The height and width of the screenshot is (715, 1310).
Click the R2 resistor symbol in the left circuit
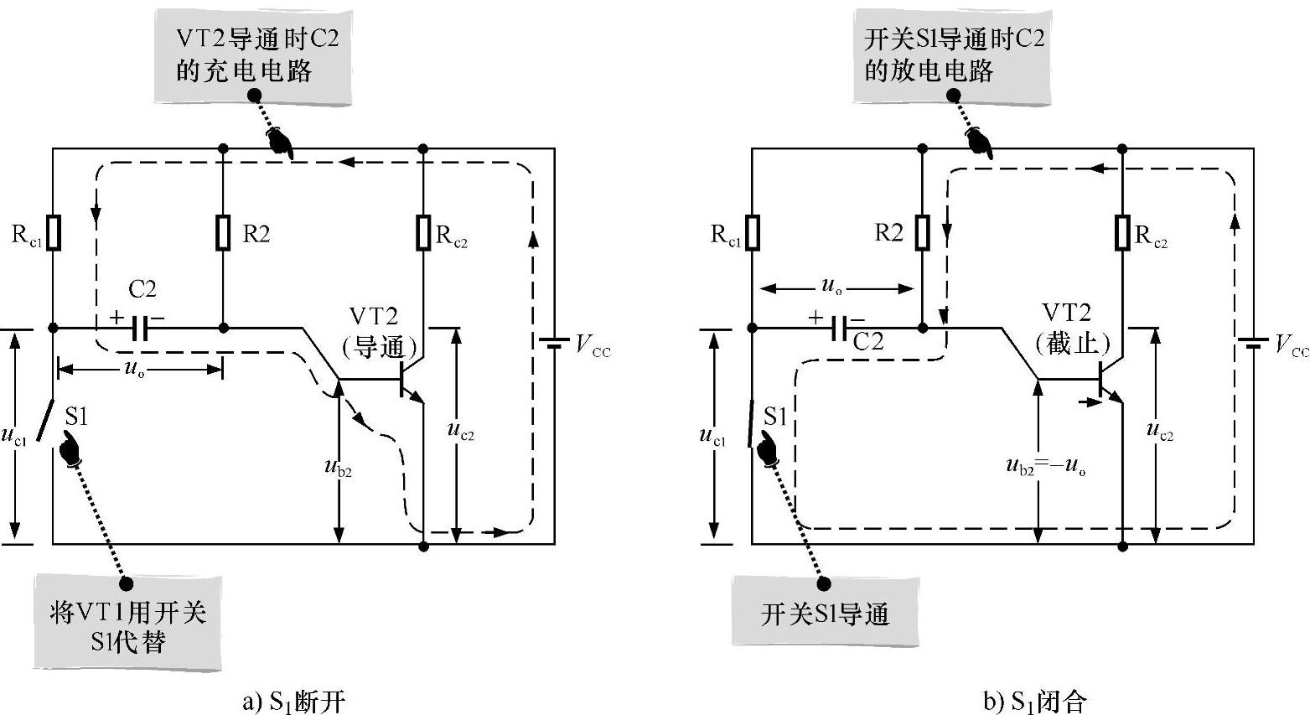[x=223, y=233]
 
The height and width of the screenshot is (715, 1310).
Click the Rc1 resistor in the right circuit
[x=753, y=233]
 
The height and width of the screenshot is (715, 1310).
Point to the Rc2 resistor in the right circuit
[x=1122, y=233]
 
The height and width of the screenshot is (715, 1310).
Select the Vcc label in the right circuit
[x=1290, y=345]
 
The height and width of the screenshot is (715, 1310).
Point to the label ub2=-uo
[x=1046, y=466]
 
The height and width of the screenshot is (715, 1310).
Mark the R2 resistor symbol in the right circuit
[x=922, y=233]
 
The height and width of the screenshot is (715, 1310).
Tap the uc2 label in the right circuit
[x=1159, y=431]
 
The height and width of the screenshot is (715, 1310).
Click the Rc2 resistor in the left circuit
[x=423, y=233]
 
